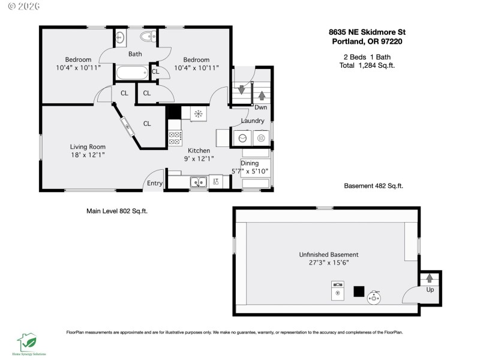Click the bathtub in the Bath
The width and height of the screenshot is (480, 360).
pyautogui.click(x=131, y=74)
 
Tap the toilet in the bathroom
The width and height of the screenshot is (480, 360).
pyautogui.click(x=146, y=37)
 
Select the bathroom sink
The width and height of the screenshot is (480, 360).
pyautogui.click(x=119, y=37)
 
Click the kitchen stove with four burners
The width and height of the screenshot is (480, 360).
pyautogui.click(x=175, y=139)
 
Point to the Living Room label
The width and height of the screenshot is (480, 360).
pyautogui.click(x=88, y=146)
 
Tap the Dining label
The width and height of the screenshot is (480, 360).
pyautogui.click(x=250, y=163)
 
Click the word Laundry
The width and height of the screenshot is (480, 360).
pyautogui.click(x=253, y=121)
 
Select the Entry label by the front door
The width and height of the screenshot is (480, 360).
pyautogui.click(x=154, y=184)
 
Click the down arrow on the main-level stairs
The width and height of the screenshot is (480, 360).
pyautogui.click(x=241, y=90)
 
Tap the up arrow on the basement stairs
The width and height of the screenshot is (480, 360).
pyautogui.click(x=430, y=278)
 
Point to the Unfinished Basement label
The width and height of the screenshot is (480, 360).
pyautogui.click(x=328, y=254)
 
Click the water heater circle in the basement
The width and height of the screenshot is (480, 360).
pyautogui.click(x=376, y=295)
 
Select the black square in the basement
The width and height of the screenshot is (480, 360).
pyautogui.click(x=359, y=291)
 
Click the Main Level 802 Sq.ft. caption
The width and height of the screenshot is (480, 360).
pyautogui.click(x=116, y=211)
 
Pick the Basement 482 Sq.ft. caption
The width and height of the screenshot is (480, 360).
pyautogui.click(x=373, y=186)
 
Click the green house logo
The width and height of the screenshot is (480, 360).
pyautogui.click(x=27, y=342)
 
